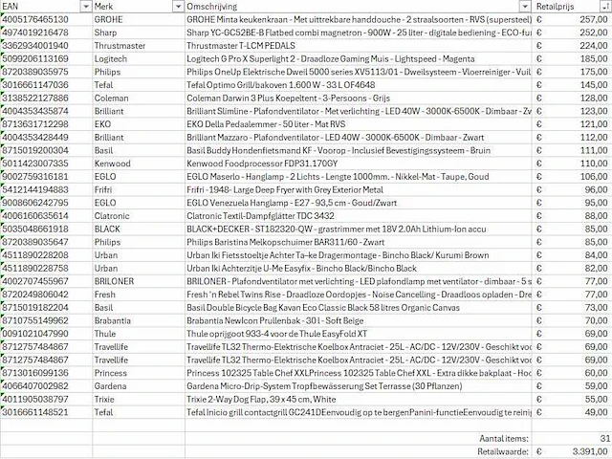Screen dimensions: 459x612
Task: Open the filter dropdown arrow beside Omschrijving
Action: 524,6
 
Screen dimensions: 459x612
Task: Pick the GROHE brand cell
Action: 110,19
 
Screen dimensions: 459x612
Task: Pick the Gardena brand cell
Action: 112,384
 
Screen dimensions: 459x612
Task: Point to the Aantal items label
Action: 505,437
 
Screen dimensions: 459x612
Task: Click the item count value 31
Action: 601,437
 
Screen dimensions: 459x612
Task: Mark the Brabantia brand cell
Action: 115,320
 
